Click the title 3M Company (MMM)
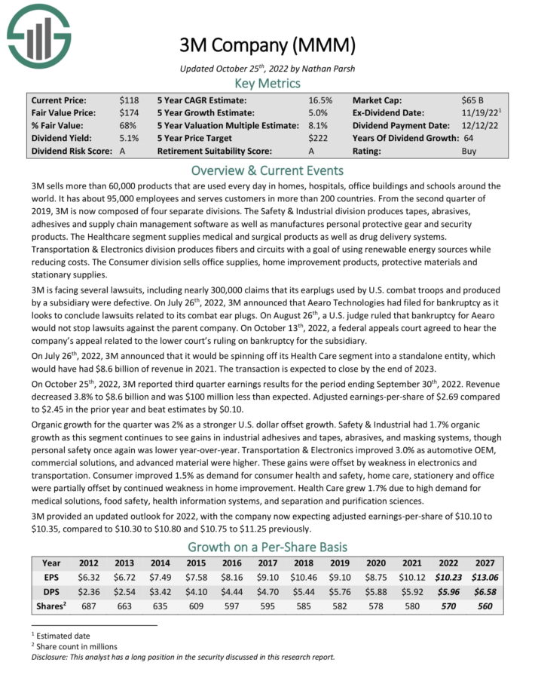(x=267, y=45)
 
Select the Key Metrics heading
(x=267, y=83)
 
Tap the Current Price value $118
(x=128, y=100)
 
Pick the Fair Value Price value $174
(x=128, y=112)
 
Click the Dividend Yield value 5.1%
(x=128, y=138)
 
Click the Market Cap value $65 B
(x=473, y=100)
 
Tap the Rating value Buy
(x=469, y=151)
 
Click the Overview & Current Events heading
(x=267, y=170)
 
